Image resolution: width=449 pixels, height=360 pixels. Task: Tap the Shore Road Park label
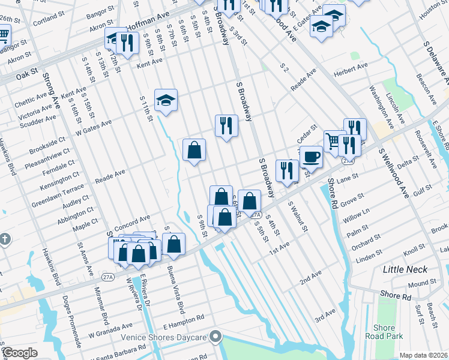(384, 332)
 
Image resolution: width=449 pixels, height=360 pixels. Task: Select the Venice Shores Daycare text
(164, 337)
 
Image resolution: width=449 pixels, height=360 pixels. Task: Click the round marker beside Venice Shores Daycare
(215, 336)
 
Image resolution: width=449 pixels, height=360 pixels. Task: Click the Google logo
(19, 353)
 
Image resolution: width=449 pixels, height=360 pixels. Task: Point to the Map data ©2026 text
(424, 355)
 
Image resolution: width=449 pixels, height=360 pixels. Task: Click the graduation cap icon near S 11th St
(166, 100)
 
